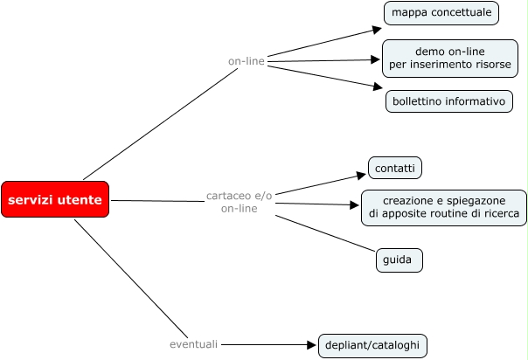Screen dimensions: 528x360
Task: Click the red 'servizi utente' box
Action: coord(55,199)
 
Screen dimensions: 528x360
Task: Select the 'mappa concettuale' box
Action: coord(441,13)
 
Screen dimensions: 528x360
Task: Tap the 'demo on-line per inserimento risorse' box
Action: coord(450,59)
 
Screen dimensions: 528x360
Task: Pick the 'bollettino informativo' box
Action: coord(448,101)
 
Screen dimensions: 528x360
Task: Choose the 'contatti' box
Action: coord(395,168)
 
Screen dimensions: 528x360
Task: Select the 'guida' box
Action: coord(399,260)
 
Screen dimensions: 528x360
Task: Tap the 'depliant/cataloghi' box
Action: coord(372,345)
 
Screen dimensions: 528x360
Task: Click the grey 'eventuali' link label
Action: coord(193,344)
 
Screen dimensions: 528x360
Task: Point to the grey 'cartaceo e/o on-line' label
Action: coord(239,202)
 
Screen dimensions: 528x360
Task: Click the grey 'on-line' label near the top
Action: coord(247,61)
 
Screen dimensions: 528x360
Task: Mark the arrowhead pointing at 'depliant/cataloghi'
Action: coord(311,345)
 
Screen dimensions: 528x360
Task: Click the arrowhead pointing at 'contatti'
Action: coord(362,176)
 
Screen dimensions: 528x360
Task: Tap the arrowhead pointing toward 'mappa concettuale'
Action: coord(377,30)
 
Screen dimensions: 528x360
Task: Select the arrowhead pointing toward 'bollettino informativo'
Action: coord(378,87)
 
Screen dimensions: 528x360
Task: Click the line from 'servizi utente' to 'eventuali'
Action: coord(131,279)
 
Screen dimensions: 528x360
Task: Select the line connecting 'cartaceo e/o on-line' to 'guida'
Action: coord(325,233)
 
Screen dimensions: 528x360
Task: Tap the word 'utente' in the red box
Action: coord(80,200)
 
